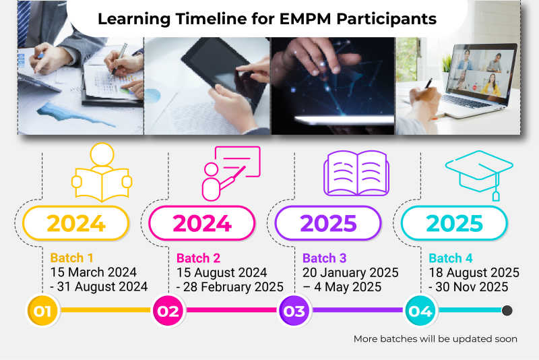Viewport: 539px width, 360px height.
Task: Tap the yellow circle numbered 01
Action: pyautogui.click(x=42, y=311)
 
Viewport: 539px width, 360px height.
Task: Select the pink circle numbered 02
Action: pyautogui.click(x=168, y=311)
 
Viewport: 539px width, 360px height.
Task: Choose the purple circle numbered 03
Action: pyautogui.click(x=294, y=311)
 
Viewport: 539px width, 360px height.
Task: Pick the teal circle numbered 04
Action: pyautogui.click(x=420, y=311)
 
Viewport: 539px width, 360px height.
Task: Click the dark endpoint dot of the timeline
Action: pyautogui.click(x=507, y=311)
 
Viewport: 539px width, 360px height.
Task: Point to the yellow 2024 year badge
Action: pyautogui.click(x=76, y=223)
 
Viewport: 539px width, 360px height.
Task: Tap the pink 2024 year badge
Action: pyautogui.click(x=202, y=223)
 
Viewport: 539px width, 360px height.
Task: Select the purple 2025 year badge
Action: pyautogui.click(x=328, y=223)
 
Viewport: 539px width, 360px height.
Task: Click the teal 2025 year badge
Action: pyautogui.click(x=454, y=223)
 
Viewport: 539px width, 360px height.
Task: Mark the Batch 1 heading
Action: pyautogui.click(x=71, y=258)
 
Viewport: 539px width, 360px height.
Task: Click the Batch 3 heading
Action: pyautogui.click(x=325, y=258)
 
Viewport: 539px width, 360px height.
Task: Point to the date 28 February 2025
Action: pyautogui.click(x=233, y=287)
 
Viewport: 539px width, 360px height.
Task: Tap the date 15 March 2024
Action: pyautogui.click(x=94, y=272)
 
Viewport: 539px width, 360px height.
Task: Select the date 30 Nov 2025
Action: pyautogui.click(x=472, y=287)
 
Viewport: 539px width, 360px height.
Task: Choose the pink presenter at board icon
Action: pyautogui.click(x=231, y=174)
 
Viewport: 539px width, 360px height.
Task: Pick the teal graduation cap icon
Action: pyautogui.click(x=479, y=175)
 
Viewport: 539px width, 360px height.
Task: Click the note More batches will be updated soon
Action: pyautogui.click(x=435, y=339)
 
